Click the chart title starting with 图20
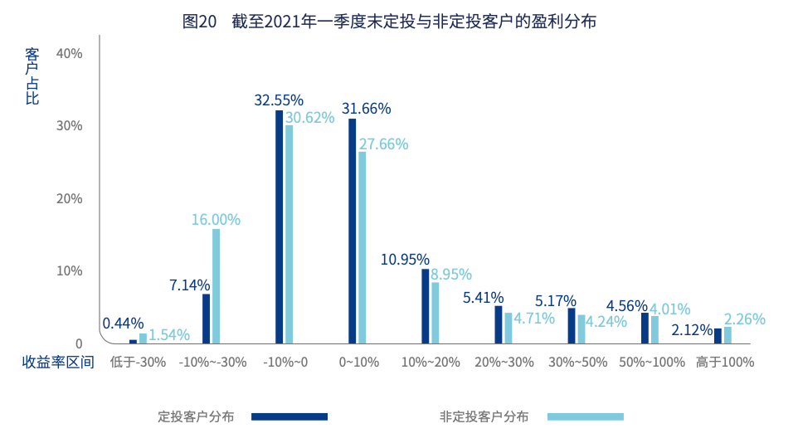pos(389,22)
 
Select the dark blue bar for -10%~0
pos(280,226)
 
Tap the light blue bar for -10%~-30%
pos(217,286)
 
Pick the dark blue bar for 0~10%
pos(353,231)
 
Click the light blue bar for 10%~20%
pos(435,313)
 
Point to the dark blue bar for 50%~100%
pos(645,328)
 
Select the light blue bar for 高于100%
pos(727,335)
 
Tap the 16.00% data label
pos(216,220)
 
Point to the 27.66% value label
pos(383,144)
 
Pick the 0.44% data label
pos(123,324)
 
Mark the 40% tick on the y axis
pos(69,54)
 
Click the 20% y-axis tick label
pos(69,199)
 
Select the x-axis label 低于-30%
pos(138,363)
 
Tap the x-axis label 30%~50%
pos(578,363)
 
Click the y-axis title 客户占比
pos(32,75)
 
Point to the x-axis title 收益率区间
pos(58,363)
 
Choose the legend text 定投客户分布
pos(197,416)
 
